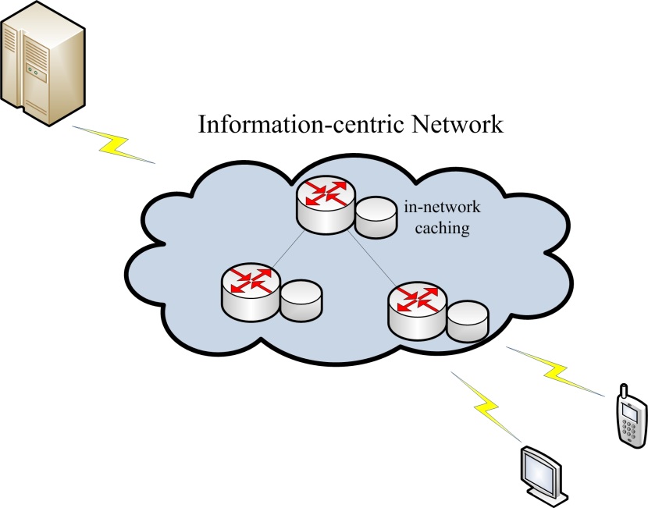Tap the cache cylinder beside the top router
point(376,216)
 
